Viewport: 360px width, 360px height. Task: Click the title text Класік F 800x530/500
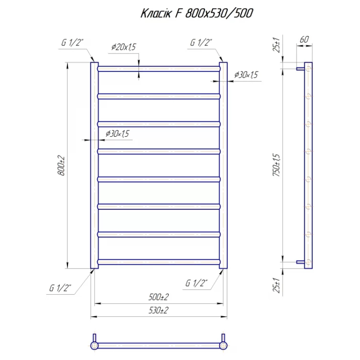pos(197,13)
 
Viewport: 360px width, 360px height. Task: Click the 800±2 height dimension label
pos(61,166)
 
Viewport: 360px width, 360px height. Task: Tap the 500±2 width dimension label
pos(158,297)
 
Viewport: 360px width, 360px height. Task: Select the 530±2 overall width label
pos(158,310)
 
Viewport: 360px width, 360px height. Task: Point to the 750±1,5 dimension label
pos(276,165)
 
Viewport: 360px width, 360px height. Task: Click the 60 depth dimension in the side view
pos(304,40)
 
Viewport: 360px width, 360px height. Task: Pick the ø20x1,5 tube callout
pos(123,47)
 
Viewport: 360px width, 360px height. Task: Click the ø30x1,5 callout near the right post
pos(246,75)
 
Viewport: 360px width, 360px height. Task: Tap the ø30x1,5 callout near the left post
pos(117,134)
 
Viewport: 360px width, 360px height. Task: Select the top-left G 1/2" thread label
pos(72,42)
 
